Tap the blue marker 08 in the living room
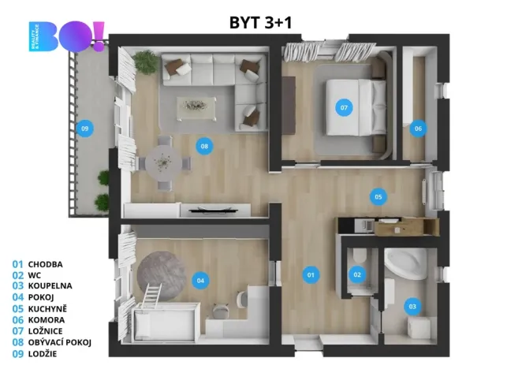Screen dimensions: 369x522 pos(204,146)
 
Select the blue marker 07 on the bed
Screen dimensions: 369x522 pos(344,107)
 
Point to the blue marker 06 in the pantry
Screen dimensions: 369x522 pos(418,128)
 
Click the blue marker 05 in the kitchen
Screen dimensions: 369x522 pos(378,196)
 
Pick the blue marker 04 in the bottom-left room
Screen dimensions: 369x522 pos(201,280)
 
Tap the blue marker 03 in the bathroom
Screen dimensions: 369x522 pos(412,305)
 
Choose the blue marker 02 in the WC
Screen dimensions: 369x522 pos(357,274)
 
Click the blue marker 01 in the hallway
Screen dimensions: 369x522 pos(311,274)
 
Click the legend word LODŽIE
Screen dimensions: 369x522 pos(43,354)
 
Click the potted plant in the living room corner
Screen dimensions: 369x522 pos(144,61)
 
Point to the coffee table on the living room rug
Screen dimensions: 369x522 pos(194,104)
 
